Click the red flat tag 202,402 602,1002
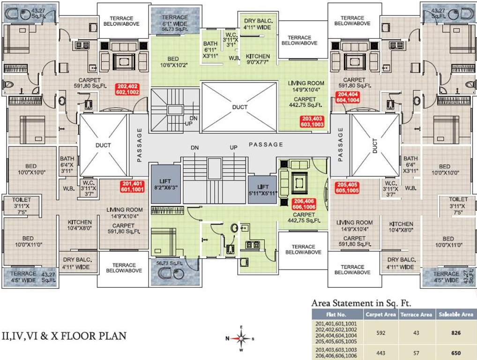[x=128, y=90]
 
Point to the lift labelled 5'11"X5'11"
[x=263, y=189]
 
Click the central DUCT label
[x=240, y=107]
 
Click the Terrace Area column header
[x=416, y=315]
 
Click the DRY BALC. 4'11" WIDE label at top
[x=258, y=24]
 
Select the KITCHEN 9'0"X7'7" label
[x=258, y=59]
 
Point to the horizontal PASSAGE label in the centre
[x=266, y=144]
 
